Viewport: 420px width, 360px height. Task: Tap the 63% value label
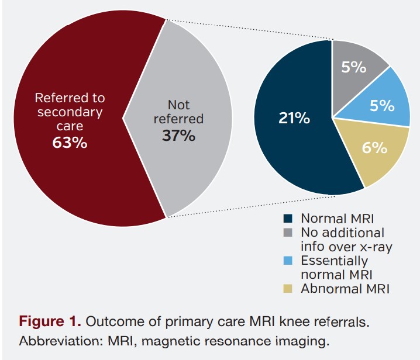[x=70, y=142]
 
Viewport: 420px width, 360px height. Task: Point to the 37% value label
[x=178, y=136]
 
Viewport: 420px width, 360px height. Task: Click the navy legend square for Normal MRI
[x=288, y=219]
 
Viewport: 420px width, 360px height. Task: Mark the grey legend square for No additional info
[x=288, y=233]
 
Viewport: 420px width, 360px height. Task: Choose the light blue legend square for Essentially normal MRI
[x=288, y=261]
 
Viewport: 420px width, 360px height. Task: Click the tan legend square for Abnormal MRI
[x=288, y=288]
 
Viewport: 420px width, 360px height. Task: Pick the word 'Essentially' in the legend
[x=334, y=261]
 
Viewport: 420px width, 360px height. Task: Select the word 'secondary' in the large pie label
[x=70, y=112]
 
